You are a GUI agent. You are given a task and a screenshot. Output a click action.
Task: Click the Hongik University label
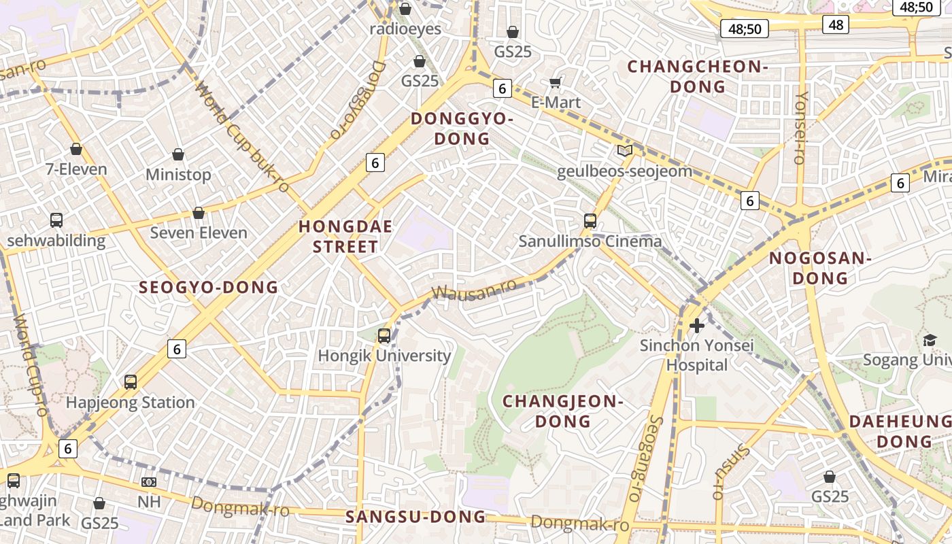384,356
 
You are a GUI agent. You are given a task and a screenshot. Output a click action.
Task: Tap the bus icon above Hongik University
384,335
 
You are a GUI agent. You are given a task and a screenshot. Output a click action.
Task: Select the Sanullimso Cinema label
590,241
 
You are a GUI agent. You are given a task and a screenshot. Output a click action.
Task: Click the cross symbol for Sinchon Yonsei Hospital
696,326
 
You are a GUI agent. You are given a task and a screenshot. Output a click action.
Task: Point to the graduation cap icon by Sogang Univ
930,340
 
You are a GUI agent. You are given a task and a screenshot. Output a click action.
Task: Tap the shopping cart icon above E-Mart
556,83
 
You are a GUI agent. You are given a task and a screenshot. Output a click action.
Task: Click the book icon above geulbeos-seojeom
624,151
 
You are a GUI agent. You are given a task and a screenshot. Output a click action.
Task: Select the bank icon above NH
149,482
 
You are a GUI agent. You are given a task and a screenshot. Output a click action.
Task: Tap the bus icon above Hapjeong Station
131,382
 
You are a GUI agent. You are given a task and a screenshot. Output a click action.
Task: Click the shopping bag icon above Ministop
178,155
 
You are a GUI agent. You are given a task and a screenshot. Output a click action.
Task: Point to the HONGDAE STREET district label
345,237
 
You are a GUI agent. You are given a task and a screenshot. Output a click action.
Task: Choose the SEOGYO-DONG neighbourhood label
209,287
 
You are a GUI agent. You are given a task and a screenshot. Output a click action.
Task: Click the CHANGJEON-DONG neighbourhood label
562,411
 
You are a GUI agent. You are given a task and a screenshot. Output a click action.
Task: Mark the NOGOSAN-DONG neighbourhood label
820,268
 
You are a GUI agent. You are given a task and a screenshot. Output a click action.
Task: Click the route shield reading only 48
835,25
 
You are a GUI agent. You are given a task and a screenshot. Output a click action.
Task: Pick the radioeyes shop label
405,29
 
